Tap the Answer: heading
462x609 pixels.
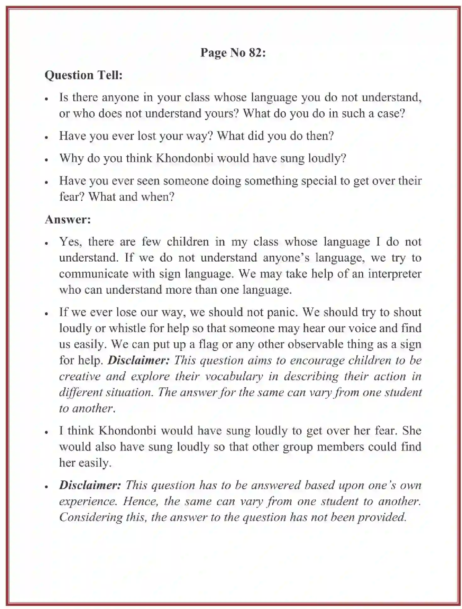coord(68,219)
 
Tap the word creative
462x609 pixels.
coord(80,376)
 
